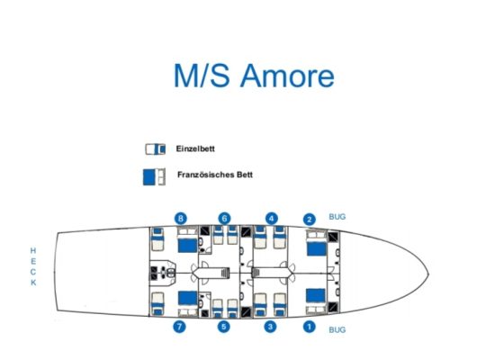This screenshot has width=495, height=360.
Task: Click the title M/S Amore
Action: (254, 76)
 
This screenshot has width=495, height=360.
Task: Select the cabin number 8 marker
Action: (181, 218)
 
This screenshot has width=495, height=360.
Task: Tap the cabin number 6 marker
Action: (224, 218)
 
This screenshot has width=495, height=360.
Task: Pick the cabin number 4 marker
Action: (272, 218)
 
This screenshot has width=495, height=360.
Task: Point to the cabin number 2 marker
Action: (310, 220)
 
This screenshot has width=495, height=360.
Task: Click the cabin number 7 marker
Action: (180, 326)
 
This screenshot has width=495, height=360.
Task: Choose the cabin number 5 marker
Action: (224, 326)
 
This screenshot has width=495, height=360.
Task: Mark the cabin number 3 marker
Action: (270, 326)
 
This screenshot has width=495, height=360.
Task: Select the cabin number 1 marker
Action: (310, 327)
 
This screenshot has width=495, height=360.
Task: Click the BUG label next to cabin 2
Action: (337, 217)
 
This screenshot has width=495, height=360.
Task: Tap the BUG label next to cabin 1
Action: (337, 330)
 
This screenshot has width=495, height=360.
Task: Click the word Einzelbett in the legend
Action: (195, 148)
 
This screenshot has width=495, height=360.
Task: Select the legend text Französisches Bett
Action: (215, 175)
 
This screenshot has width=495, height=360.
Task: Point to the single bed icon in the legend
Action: (156, 149)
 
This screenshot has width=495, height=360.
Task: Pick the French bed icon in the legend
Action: (154, 176)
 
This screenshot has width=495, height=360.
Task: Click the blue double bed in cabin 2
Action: (317, 248)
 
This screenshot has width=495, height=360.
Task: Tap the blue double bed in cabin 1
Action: (316, 295)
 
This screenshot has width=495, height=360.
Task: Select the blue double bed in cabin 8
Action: (187, 246)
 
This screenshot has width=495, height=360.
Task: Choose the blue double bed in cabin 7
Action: (187, 298)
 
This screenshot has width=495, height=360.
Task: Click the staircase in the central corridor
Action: (225, 273)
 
